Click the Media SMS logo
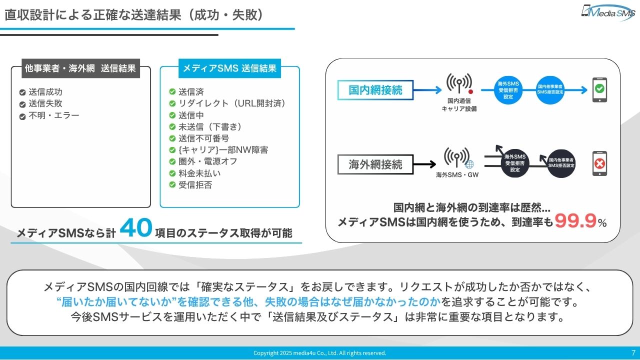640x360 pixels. coord(607,12)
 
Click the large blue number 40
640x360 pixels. coord(135,228)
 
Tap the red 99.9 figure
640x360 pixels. coord(575,220)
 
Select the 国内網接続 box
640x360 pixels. coord(375,90)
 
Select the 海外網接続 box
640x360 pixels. coord(375,164)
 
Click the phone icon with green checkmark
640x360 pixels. coord(599,90)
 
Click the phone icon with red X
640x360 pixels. coord(599,163)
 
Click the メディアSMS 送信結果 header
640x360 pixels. coord(229,68)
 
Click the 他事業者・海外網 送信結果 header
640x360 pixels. coord(80,68)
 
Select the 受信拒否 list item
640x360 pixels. coord(195,185)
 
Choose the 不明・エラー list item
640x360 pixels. coord(54,115)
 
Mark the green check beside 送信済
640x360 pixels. coord(172,92)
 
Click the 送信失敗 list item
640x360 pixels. coord(45,104)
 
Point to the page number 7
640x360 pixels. coord(633,352)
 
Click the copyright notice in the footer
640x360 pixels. coord(319,353)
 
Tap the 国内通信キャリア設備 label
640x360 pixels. coord(458,105)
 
